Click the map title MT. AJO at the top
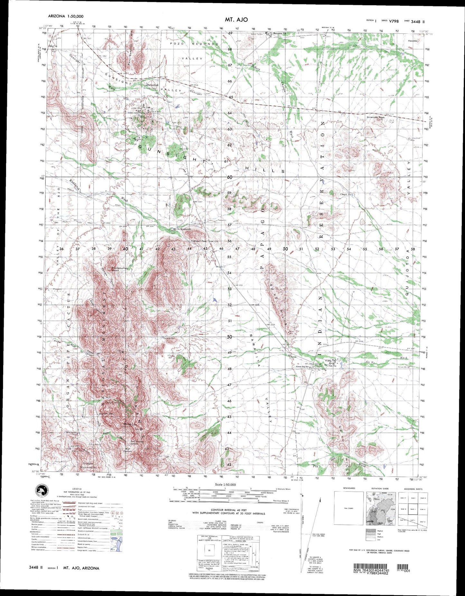[x=237, y=19]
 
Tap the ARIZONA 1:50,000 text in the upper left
[x=66, y=16]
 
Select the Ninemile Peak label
[x=376, y=118]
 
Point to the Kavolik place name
[x=412, y=41]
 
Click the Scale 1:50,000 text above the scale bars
[x=225, y=485]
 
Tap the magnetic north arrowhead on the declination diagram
[x=320, y=501]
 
